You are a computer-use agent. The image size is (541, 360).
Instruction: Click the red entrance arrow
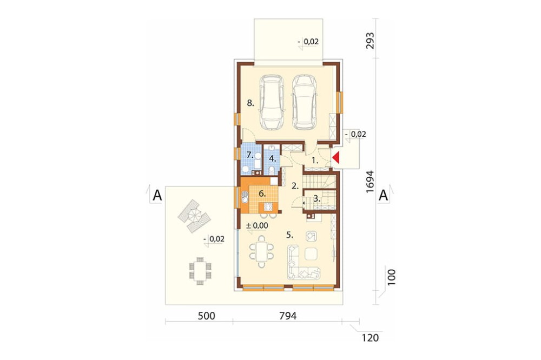(x=337, y=158)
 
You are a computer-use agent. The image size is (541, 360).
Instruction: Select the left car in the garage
(x=272, y=102)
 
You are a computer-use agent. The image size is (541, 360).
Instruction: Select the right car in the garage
(x=305, y=102)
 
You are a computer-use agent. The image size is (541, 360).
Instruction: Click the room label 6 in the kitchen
(x=262, y=194)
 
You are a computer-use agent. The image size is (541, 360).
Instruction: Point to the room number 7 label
(x=250, y=154)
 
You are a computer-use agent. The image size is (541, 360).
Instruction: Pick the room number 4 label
(x=273, y=158)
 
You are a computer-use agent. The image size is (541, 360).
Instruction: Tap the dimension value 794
(x=287, y=316)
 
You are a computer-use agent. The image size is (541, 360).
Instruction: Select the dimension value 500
(x=206, y=316)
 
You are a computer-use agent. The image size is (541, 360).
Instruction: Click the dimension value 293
(x=370, y=41)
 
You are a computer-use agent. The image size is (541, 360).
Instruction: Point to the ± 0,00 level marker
(x=256, y=226)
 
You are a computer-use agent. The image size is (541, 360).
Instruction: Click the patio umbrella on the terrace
(x=194, y=216)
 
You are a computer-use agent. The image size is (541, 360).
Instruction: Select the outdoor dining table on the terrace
(x=200, y=270)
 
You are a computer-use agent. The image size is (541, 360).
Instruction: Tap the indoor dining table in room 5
(x=262, y=251)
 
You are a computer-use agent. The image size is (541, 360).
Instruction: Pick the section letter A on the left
(x=157, y=196)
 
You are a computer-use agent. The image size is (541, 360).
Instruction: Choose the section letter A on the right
(x=384, y=196)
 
